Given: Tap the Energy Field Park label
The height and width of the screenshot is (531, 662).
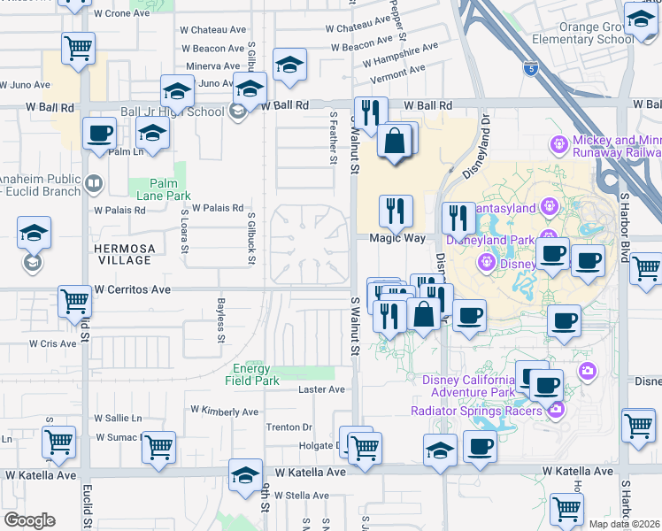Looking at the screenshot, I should tap(256, 375).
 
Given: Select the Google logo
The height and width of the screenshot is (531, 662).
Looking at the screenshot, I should tap(29, 519).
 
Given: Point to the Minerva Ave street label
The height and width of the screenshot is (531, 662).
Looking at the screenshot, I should tap(212, 66).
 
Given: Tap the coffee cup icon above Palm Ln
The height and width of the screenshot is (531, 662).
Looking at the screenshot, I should tap(99, 134).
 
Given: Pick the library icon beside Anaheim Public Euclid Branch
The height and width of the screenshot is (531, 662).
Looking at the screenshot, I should tap(93, 185).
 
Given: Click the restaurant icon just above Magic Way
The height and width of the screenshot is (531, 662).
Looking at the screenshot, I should tap(396, 210).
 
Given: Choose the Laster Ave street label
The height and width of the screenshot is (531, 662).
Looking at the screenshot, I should tap(321, 389).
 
